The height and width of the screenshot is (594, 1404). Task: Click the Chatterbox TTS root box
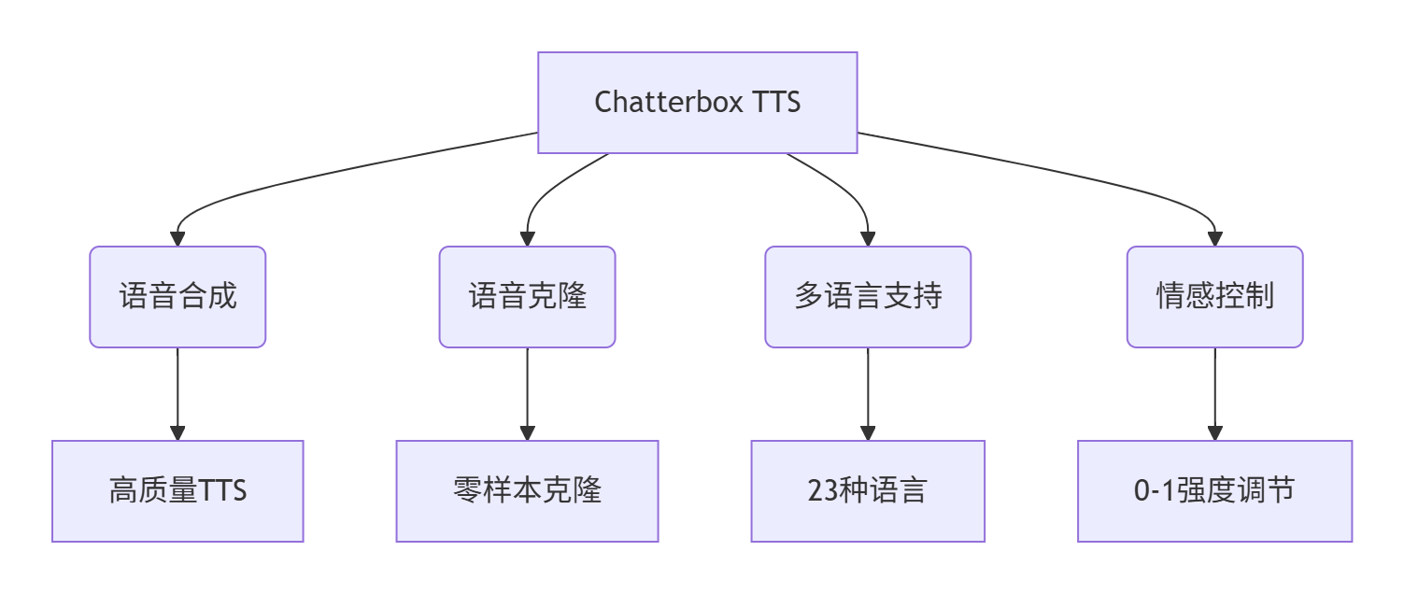697,102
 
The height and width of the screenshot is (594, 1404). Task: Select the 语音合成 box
177,297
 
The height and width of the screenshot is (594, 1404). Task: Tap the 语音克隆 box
527,297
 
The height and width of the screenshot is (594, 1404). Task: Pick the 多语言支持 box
868,297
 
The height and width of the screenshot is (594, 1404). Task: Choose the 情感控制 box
1214,297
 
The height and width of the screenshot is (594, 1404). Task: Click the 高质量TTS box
177,491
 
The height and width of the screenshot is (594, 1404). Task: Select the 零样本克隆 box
527,491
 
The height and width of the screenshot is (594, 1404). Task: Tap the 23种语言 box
868,491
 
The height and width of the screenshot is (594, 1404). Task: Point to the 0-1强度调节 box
1214,491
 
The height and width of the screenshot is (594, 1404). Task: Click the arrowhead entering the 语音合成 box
177,239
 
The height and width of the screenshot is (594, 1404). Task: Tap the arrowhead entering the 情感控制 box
1214,239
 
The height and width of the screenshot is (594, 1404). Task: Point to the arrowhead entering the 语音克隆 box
527,239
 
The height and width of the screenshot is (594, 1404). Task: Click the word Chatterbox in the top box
657,102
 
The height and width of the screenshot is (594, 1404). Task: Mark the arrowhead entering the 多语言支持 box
868,239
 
